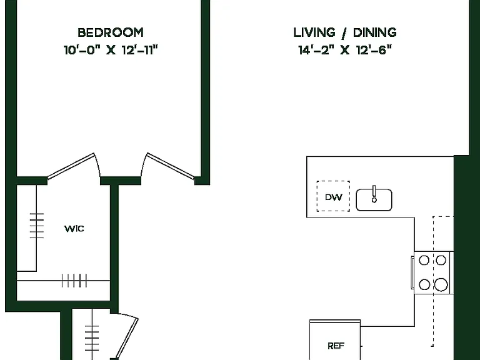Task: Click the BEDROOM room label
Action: [x=111, y=32]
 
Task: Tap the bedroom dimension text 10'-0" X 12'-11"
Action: [x=111, y=49]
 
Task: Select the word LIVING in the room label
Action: [x=314, y=32]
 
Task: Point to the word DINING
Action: [x=375, y=32]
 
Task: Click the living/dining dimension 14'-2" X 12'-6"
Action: [x=345, y=49]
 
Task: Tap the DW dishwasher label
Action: [x=333, y=197]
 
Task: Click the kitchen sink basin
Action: [x=374, y=200]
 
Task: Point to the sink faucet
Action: [x=374, y=194]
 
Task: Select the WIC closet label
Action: [x=74, y=229]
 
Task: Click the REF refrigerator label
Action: [x=336, y=346]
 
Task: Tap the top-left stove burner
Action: [x=424, y=261]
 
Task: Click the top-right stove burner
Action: [x=441, y=261]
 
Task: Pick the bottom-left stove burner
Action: [x=424, y=284]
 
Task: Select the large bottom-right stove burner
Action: [x=441, y=284]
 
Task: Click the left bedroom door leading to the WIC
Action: [x=71, y=166]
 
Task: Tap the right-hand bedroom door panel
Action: [x=170, y=166]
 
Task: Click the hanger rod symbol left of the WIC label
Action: [x=37, y=226]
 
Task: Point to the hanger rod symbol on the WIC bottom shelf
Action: [x=74, y=281]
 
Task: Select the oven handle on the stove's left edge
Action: [x=412, y=272]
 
